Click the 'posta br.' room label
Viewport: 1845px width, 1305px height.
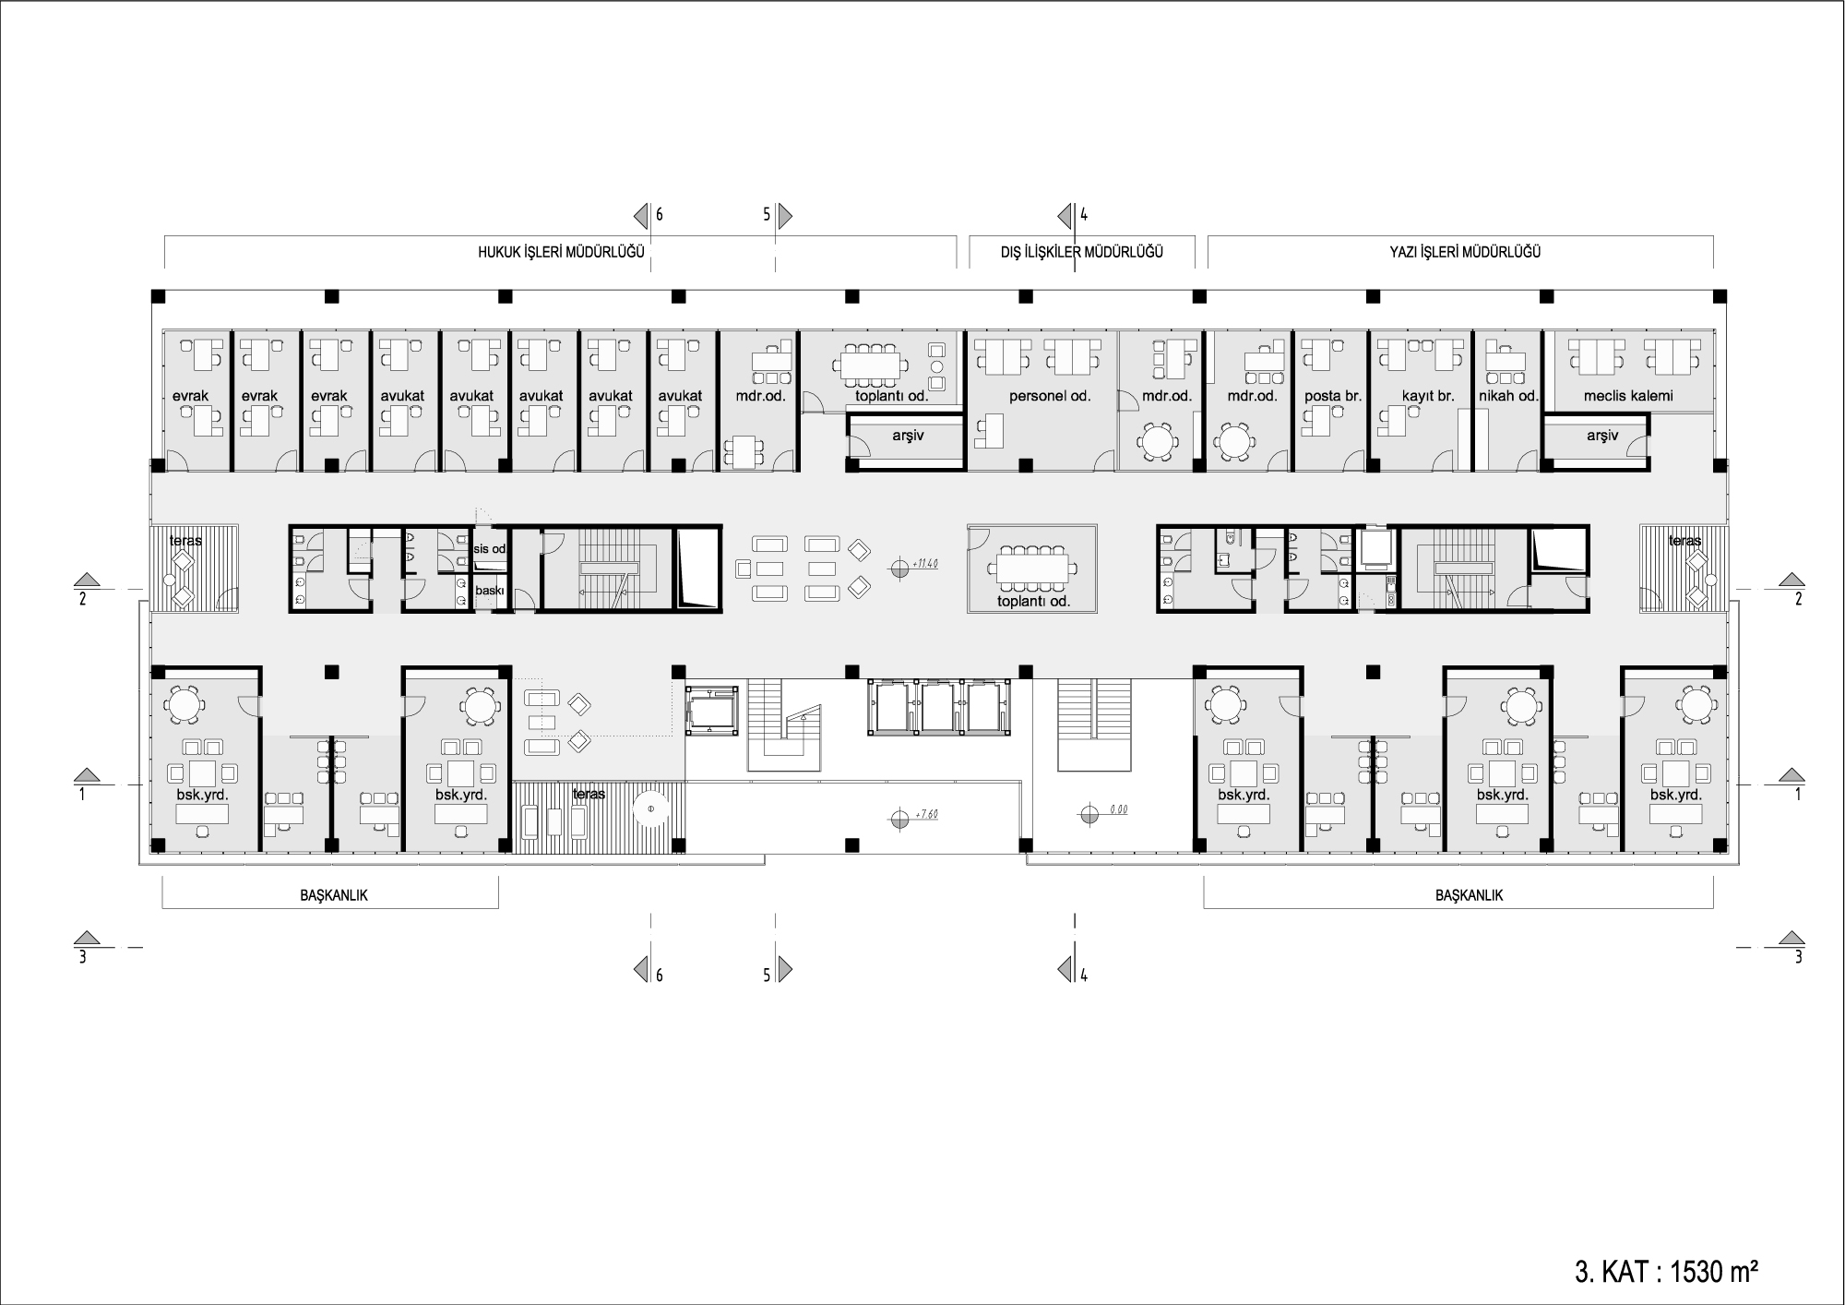1333,396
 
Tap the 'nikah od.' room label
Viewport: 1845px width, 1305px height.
1508,396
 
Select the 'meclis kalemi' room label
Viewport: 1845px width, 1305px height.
1628,396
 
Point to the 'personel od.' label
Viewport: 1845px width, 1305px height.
1050,396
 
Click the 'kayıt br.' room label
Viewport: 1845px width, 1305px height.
1428,396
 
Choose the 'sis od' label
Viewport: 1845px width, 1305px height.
490,549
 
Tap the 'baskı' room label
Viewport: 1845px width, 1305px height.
490,591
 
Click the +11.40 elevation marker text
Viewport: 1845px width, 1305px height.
923,564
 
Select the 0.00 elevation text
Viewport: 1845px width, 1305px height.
1119,809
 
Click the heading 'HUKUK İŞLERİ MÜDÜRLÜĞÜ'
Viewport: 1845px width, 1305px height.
561,252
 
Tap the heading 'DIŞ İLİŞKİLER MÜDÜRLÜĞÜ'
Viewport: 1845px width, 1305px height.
1081,252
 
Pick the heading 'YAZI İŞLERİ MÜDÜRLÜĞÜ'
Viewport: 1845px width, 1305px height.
1465,252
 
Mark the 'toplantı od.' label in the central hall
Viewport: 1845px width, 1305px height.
1033,602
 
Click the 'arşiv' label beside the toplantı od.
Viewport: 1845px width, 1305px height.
908,436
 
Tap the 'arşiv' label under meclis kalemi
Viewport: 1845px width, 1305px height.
1602,436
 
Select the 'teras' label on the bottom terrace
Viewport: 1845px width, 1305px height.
589,794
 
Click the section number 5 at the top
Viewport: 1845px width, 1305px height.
767,215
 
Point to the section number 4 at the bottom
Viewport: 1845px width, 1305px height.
1084,975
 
